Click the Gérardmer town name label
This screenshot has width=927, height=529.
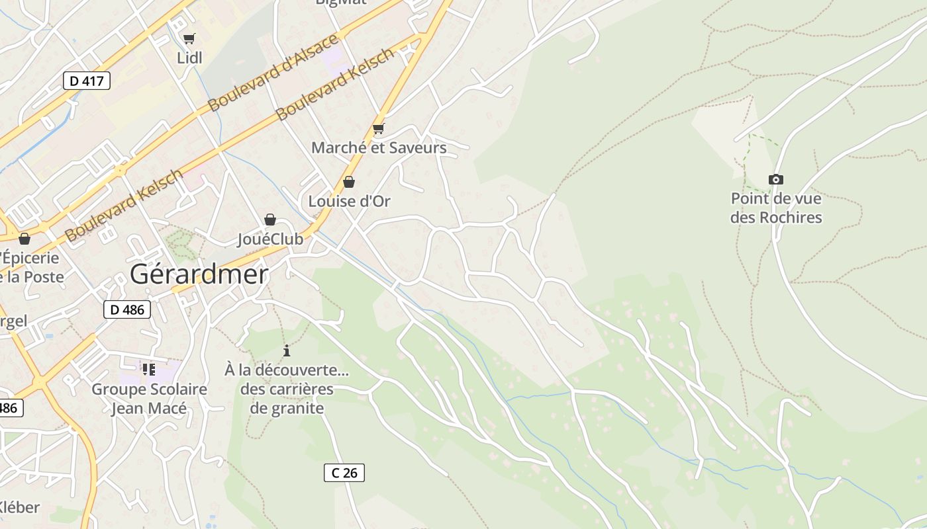coord(199,274)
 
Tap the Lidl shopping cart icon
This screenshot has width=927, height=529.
coord(189,39)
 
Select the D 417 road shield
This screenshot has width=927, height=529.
coord(86,81)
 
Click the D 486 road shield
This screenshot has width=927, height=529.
coord(127,309)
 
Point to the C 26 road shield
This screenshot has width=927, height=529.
coord(344,472)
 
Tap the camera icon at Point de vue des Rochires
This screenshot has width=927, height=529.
coord(776,179)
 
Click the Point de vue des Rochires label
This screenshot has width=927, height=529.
coord(776,208)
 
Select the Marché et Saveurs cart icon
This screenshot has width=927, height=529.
coord(378,128)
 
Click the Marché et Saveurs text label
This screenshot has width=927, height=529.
coord(379,147)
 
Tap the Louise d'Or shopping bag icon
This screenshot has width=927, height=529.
coord(349,182)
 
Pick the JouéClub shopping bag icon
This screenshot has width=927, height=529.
coord(270,220)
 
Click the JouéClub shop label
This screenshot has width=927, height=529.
coord(270,239)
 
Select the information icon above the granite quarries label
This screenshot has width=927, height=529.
coord(287,350)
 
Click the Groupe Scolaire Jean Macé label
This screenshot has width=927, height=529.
coord(149,399)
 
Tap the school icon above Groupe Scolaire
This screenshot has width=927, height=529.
coord(149,369)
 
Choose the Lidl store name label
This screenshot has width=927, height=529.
coord(189,58)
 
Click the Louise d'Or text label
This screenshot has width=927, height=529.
coord(349,201)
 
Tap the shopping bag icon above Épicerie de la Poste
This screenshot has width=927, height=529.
coord(24,239)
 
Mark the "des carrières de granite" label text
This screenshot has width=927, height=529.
coord(287,399)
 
